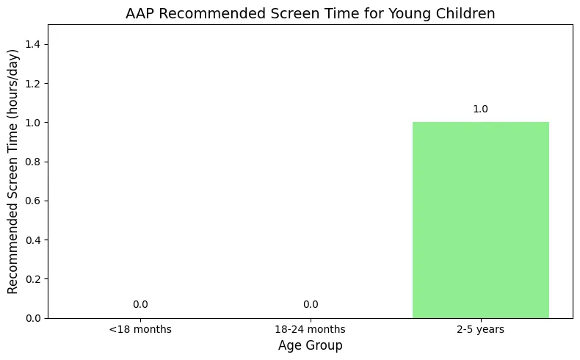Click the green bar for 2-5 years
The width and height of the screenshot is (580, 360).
480,220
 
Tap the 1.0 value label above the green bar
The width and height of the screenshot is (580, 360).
480,109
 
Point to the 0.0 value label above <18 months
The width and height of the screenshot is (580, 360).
140,304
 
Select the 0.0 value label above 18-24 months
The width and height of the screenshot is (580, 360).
311,304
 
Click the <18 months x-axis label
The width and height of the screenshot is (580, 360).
140,329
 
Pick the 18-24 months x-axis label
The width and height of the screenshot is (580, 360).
310,329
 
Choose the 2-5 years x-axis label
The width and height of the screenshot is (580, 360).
480,329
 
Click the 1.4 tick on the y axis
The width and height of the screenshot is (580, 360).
32,44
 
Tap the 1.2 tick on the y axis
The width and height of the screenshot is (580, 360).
32,84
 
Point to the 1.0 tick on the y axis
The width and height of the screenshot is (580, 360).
32,123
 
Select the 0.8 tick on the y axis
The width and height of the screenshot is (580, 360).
32,162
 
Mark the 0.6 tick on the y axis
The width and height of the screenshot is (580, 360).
32,201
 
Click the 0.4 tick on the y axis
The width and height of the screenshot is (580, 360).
32,240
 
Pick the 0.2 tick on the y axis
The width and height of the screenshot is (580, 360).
32,279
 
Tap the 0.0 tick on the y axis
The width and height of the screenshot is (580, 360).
32,318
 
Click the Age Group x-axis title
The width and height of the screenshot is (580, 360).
311,345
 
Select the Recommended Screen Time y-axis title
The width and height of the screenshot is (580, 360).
12,172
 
